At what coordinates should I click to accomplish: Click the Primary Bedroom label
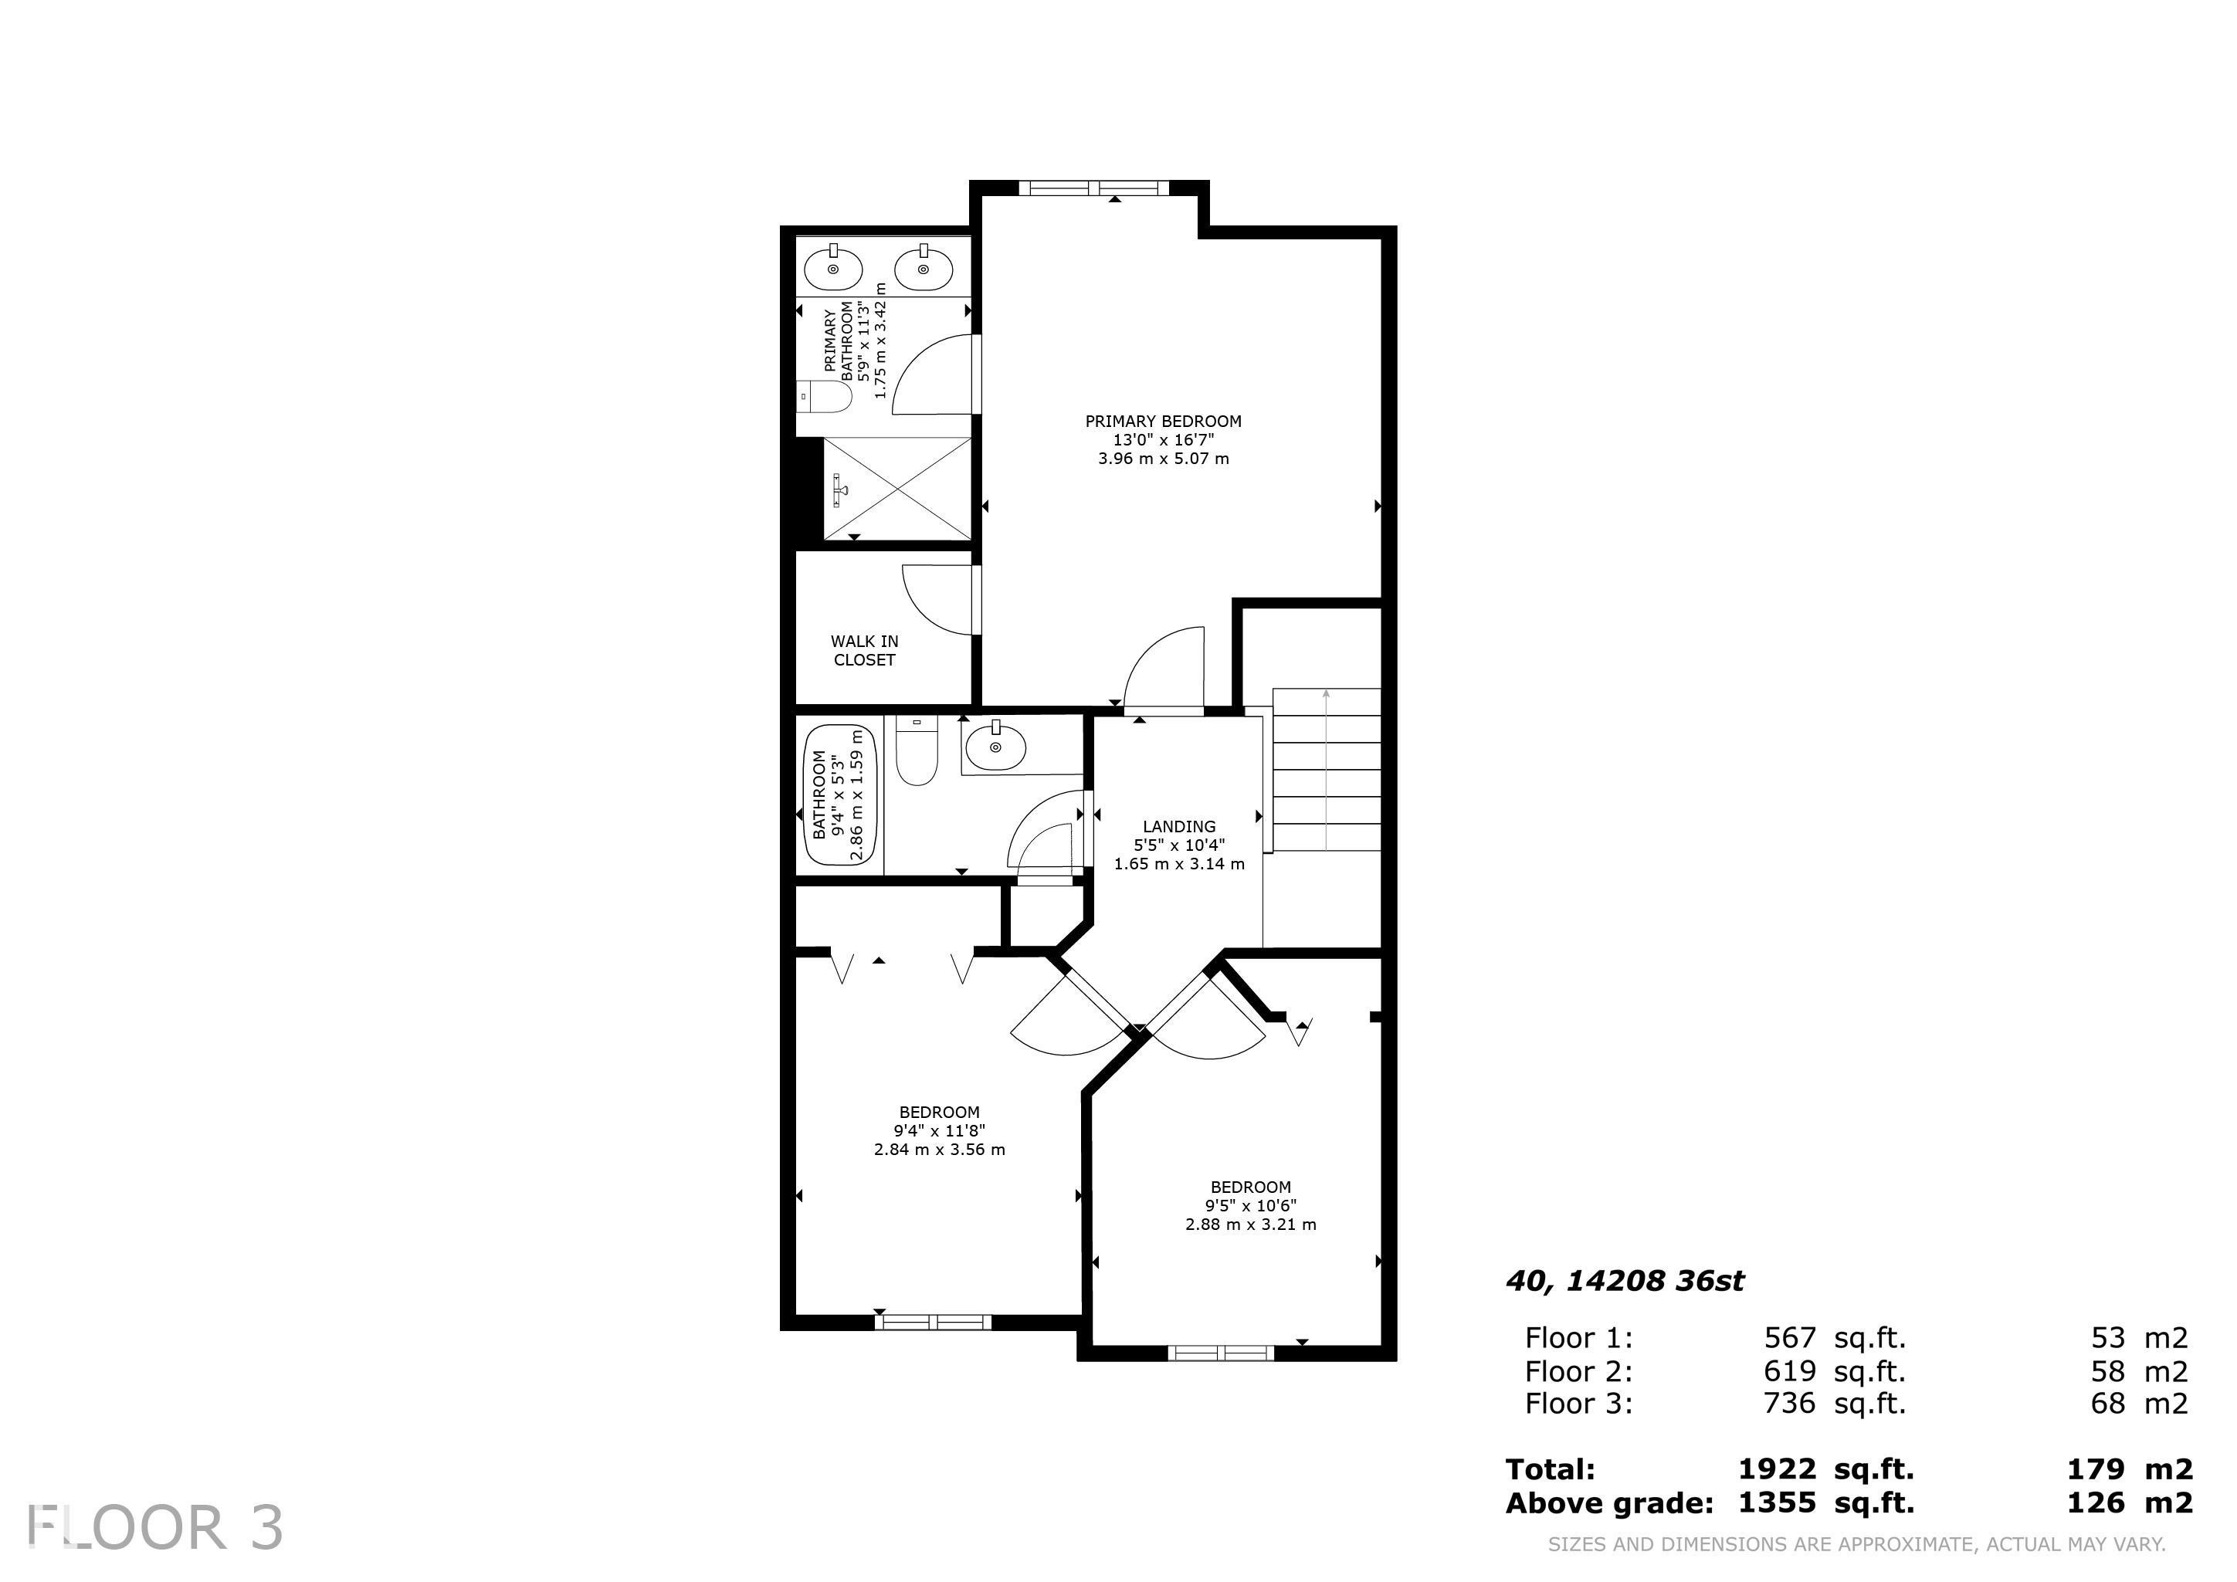pos(1164,439)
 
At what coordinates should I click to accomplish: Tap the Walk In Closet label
pos(864,650)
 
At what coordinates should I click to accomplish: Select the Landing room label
pos(1179,845)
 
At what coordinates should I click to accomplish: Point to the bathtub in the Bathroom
pos(840,795)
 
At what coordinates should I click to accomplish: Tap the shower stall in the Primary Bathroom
pos(896,488)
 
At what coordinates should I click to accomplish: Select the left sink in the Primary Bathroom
pos(833,268)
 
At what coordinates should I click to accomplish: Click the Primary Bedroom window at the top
pos(1092,188)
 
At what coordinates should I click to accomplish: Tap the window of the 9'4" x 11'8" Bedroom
pos(933,1322)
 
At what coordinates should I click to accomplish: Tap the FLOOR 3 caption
pos(156,1527)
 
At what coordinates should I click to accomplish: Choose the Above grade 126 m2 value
pos(2129,1502)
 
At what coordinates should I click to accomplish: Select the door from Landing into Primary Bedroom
pos(1164,672)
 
